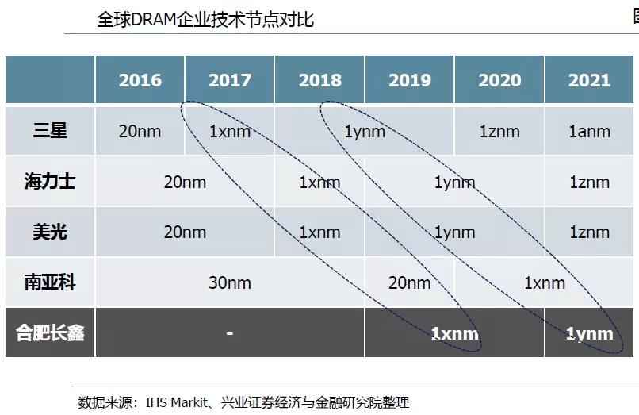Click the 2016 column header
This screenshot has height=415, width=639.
coord(140,80)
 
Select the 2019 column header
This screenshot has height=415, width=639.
coord(409,80)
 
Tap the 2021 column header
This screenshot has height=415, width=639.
coord(589,80)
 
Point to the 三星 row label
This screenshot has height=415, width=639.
coord(50,130)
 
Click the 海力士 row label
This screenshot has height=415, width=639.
coord(50,182)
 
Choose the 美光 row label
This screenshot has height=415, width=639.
coord(50,232)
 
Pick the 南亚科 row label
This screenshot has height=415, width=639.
coord(50,282)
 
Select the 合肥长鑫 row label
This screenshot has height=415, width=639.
coord(50,332)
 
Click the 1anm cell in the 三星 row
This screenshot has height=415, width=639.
coord(589,131)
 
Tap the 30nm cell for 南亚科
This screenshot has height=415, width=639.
coord(230,283)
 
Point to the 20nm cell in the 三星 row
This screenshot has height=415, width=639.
coord(140,131)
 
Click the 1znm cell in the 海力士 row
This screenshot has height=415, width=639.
coord(589,182)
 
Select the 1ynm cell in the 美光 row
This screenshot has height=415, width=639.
coord(454,232)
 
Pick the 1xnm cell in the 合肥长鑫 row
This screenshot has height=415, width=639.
coord(454,333)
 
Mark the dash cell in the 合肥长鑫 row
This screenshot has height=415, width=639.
coord(229,333)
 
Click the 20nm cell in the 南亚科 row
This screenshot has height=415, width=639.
coord(409,283)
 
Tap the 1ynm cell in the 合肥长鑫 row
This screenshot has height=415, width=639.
coord(589,333)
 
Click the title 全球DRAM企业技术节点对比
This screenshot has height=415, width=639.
coord(205,18)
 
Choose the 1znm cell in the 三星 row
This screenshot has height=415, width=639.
coord(499,131)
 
